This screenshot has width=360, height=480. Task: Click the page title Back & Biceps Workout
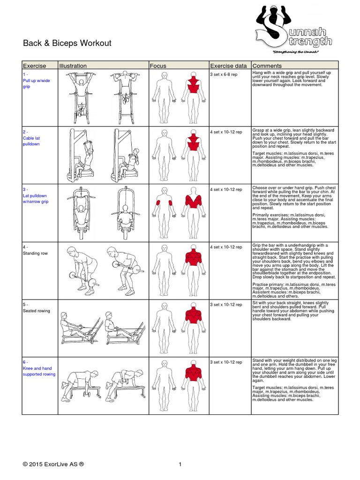coord(67,44)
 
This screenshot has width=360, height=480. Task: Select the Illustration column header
coord(73,66)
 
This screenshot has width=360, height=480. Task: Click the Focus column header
coord(158,66)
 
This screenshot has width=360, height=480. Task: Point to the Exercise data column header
coord(228,66)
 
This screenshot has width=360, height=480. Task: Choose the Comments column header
coord(267,66)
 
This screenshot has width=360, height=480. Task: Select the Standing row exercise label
coord(35,254)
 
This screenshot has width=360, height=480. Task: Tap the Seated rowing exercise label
coord(37,311)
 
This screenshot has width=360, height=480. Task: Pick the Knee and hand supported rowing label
coord(39,371)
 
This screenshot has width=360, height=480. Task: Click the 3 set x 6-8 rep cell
coord(226,74)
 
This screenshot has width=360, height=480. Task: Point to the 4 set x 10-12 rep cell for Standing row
coord(226,247)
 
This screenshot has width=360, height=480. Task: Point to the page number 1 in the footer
coord(180,465)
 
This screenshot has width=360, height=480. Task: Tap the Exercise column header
coord(35,66)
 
